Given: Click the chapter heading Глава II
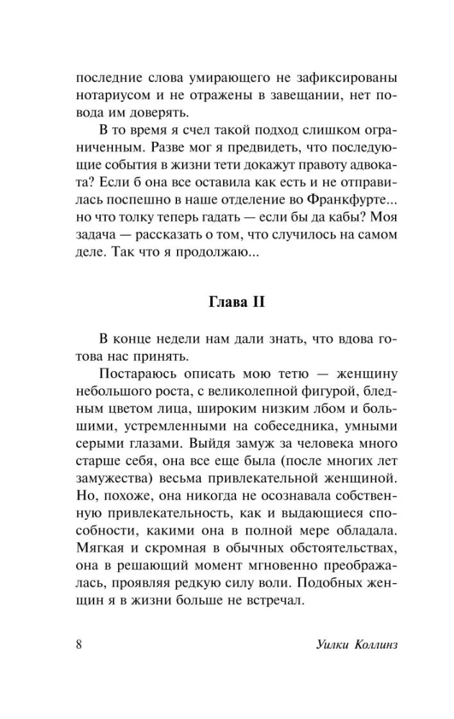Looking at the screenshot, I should click(227, 303).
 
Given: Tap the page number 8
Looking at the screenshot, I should click(78, 642).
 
